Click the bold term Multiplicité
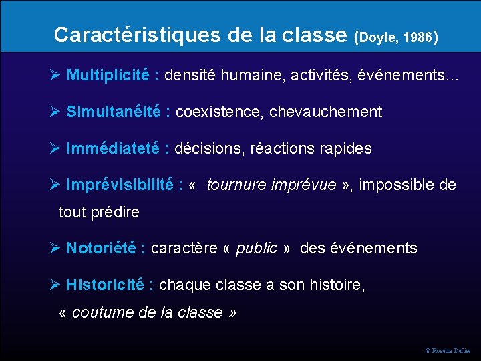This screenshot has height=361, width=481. (108, 75)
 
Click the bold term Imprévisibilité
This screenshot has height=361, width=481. (120, 185)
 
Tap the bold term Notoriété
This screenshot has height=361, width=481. (103, 249)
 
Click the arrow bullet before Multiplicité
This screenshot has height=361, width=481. (57, 75)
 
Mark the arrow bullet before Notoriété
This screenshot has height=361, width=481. (57, 249)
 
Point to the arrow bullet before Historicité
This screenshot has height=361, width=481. (57, 285)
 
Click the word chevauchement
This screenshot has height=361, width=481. (325, 112)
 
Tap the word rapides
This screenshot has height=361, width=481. (344, 148)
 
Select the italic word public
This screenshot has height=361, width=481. (257, 249)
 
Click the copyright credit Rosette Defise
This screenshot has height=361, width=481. (451, 350)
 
